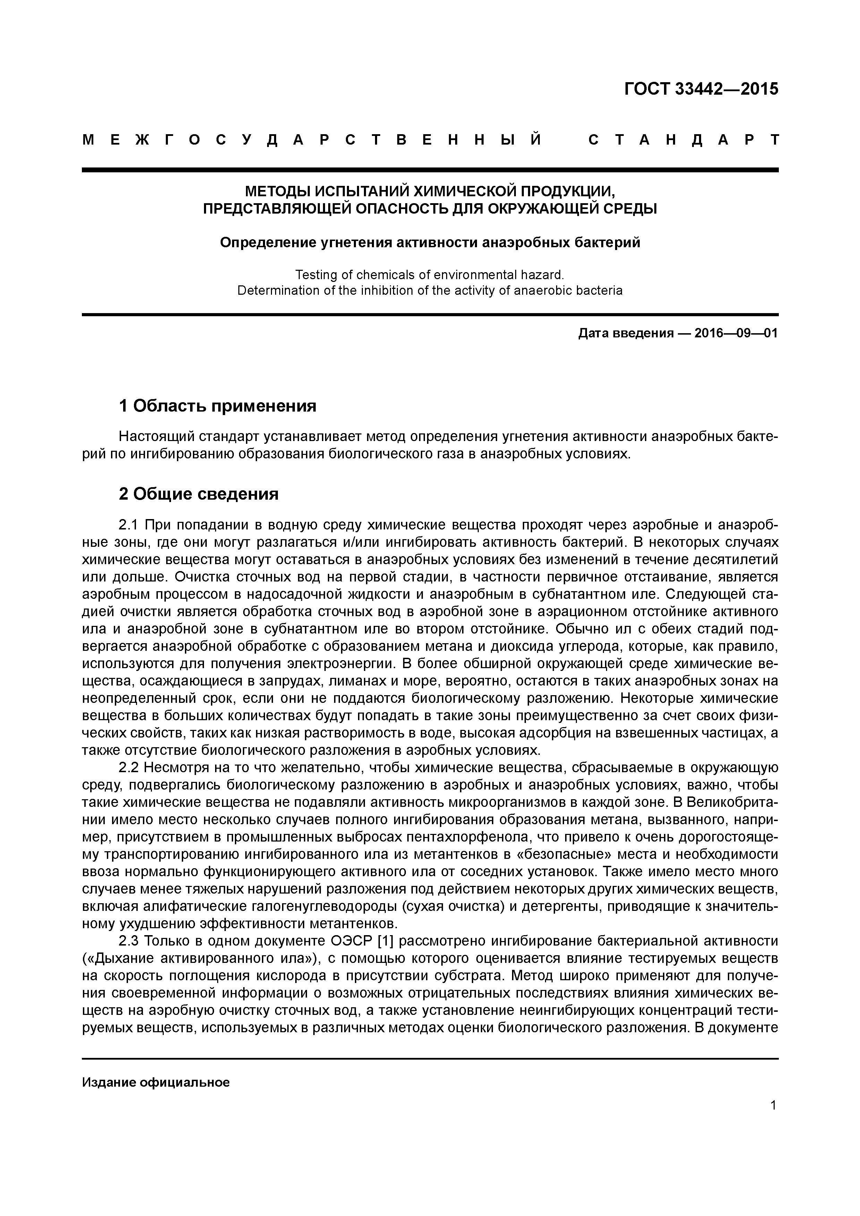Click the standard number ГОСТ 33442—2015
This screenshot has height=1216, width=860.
pos(701,89)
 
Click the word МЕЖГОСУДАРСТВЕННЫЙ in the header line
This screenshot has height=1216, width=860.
pos(313,140)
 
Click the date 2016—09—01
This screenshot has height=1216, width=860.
pos(736,333)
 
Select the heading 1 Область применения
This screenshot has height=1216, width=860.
pos(217,406)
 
